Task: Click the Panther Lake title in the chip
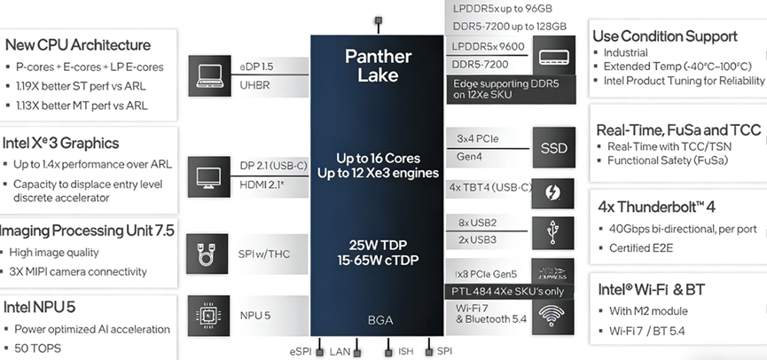pyautogui.click(x=377, y=66)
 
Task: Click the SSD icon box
pyautogui.click(x=553, y=147)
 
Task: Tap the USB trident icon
pyautogui.click(x=553, y=231)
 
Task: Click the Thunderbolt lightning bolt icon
pyautogui.click(x=553, y=192)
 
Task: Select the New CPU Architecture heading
pyautogui.click(x=77, y=44)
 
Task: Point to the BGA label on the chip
pyautogui.click(x=378, y=320)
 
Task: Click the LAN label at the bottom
pyautogui.click(x=340, y=352)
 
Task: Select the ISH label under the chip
pyautogui.click(x=405, y=352)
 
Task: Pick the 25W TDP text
pyautogui.click(x=377, y=244)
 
